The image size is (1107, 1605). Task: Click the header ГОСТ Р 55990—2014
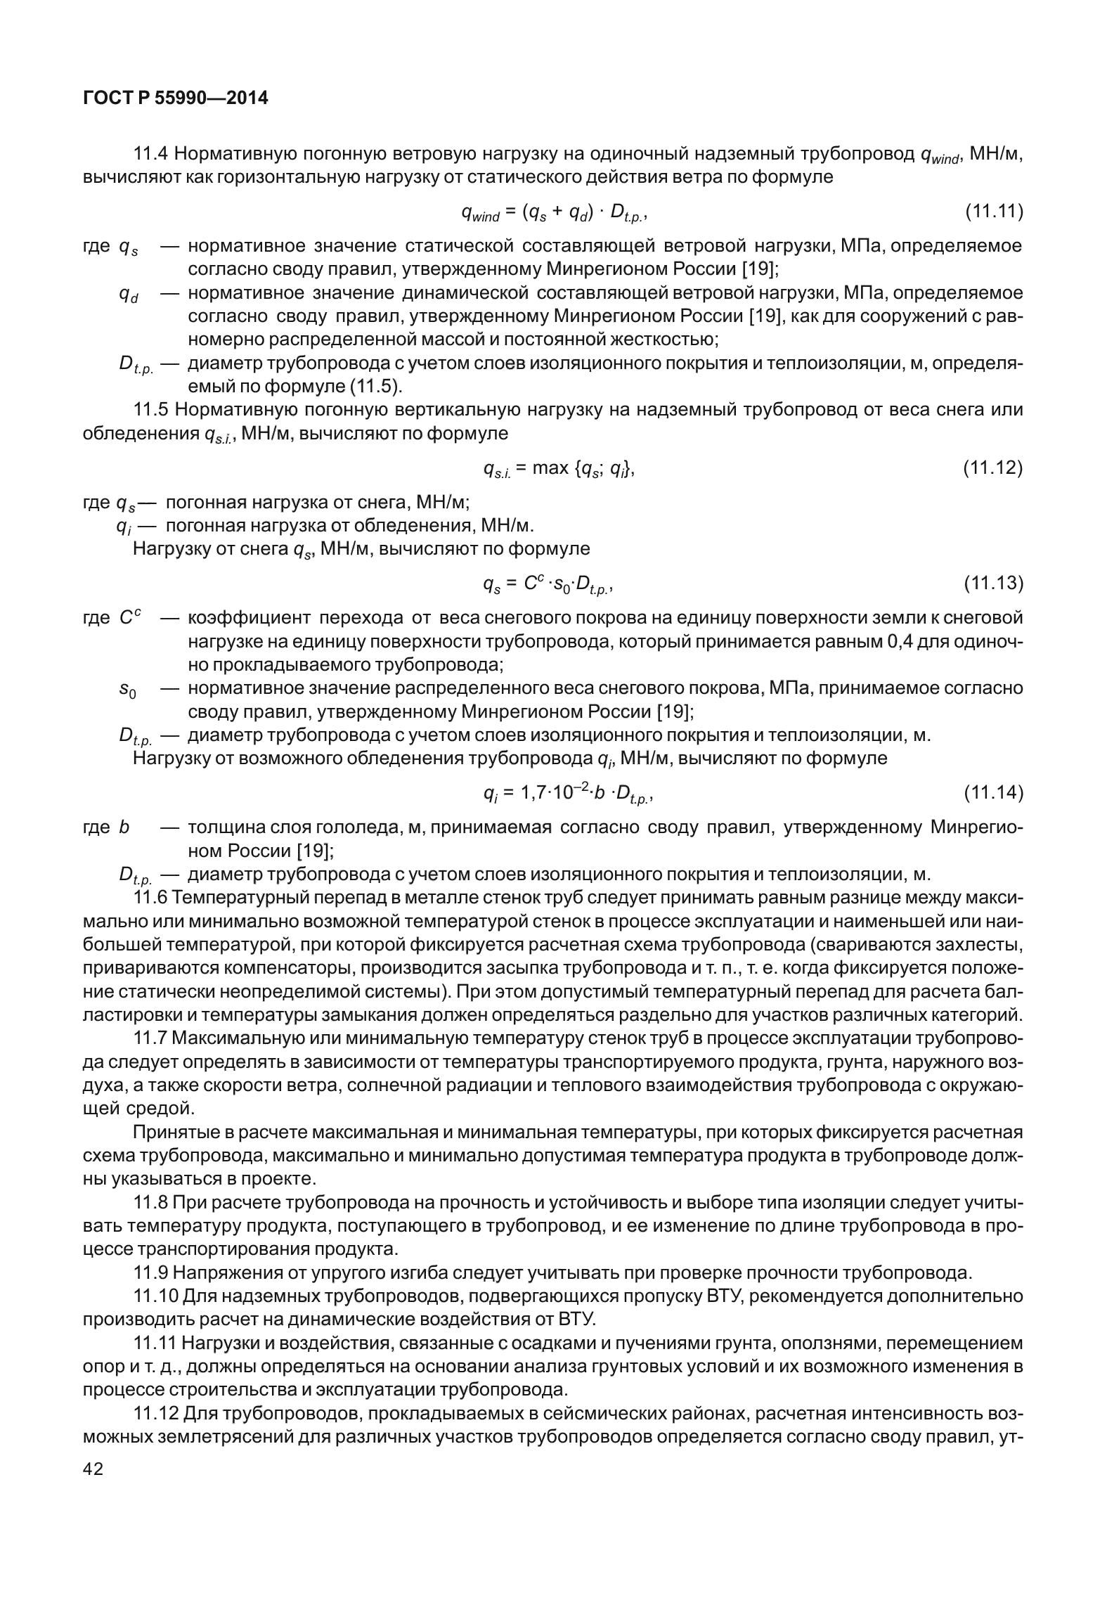click(176, 99)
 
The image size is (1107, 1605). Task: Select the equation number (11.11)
click(992, 212)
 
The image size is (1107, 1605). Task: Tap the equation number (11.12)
click(992, 468)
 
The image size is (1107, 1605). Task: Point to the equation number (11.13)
click(992, 584)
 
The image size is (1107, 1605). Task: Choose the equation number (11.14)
click(992, 794)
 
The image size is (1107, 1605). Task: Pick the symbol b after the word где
click(124, 828)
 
